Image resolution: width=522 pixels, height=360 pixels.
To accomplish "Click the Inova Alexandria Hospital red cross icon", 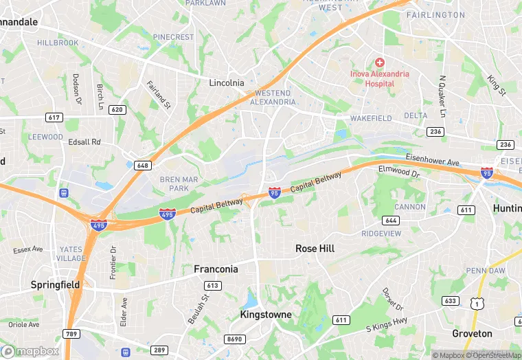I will pos(379,63).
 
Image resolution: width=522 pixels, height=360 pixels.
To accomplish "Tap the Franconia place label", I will pos(216,269).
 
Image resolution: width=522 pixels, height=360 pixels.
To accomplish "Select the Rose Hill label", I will pos(315,248).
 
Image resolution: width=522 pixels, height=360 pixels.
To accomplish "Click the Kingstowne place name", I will pos(266,315).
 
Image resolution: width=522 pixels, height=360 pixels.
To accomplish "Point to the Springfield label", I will pos(55,284).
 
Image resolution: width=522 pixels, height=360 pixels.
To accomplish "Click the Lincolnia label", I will pos(227,82).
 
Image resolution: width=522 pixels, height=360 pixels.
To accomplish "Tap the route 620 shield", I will pos(117,110).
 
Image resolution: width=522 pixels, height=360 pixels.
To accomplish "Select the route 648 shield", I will pos(143,166).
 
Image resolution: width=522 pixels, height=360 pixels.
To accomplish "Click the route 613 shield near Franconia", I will pos(212,285).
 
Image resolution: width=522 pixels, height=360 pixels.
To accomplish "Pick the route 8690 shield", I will pos(234,339).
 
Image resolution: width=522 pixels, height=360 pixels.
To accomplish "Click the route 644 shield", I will pos(391,221).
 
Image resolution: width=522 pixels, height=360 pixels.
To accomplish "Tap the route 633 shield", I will pos(451,300).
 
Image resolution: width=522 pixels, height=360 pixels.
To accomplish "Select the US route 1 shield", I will pos(476,303).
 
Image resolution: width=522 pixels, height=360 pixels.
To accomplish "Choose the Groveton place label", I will pos(472,333).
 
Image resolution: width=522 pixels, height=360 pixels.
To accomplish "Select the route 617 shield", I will pos(54,117).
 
